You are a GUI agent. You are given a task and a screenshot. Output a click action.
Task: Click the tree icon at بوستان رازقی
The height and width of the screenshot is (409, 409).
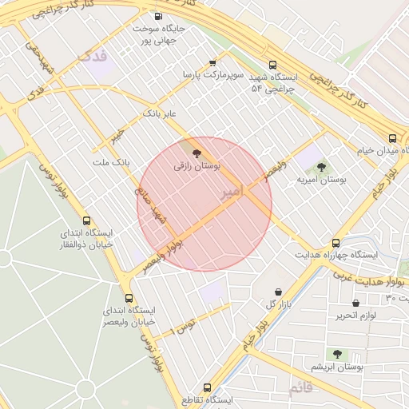(x=197, y=154)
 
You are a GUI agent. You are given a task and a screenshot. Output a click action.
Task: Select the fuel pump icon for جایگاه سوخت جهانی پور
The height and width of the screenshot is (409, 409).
(x=157, y=16)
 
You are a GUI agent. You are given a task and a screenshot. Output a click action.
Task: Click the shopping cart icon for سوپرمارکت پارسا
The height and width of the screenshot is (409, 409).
(x=212, y=62)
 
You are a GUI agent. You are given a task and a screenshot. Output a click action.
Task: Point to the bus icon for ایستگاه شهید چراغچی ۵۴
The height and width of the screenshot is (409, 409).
(x=273, y=66)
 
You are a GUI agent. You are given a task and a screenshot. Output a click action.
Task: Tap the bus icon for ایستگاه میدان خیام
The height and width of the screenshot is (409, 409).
(x=392, y=138)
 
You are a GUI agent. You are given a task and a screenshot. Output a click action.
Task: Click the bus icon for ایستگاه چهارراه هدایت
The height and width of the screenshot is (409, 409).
(x=336, y=242)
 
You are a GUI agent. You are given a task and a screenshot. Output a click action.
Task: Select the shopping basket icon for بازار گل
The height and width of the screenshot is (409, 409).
(x=277, y=292)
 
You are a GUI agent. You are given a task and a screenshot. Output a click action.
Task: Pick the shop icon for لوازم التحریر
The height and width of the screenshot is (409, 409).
(x=355, y=303)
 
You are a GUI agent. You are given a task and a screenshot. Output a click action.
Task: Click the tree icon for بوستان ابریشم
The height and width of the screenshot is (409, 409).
(x=337, y=354)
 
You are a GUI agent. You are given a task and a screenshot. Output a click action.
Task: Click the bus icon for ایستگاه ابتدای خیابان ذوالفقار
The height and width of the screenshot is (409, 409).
(x=87, y=220)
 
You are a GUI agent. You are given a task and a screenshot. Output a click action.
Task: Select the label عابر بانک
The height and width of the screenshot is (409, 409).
(x=158, y=114)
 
